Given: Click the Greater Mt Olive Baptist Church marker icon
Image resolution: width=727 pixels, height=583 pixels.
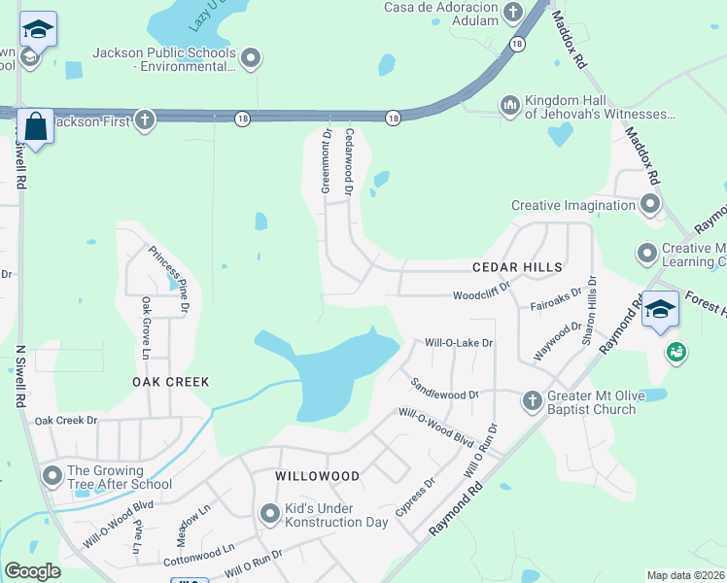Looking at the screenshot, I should tap(532, 400).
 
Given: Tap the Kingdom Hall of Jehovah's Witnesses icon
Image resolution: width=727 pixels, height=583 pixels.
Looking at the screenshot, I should tap(510, 105).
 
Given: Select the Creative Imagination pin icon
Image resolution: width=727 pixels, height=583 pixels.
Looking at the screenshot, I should tap(650, 204).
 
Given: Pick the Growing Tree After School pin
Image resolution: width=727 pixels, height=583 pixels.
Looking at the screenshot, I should tap(52, 475).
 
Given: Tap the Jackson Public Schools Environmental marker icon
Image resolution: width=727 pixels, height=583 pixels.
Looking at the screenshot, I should tap(252, 58).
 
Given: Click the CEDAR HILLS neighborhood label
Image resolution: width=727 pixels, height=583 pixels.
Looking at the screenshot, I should tap(517, 266).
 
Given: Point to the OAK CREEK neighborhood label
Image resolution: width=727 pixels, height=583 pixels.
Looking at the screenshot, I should tap(171, 382).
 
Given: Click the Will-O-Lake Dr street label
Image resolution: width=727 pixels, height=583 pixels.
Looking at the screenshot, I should tap(460, 343).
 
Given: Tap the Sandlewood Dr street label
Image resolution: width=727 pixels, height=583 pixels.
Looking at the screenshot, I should tap(445, 389).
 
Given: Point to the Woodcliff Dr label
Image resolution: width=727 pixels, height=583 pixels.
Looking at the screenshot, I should tap(481, 295).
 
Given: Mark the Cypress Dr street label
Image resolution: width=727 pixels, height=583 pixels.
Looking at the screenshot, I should tap(416, 498).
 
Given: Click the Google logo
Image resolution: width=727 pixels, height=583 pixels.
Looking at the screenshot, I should tap(33, 571).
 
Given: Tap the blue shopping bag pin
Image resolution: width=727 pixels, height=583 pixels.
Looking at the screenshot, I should tap(36, 127).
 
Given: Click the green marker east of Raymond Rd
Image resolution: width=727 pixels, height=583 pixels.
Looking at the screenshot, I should tap(675, 350).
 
